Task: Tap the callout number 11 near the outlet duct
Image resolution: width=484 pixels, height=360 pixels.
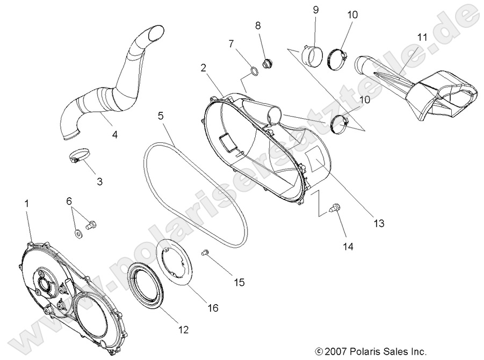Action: pos(422,37)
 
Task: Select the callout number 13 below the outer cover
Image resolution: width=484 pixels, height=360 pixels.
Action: pos(379,224)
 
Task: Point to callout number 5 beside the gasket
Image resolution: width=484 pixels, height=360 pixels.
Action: pos(162,116)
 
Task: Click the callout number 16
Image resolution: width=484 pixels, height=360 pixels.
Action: pos(213,308)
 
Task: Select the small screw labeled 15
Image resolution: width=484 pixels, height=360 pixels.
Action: pos(204,252)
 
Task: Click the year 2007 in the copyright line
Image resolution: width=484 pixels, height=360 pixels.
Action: pos(336,351)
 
